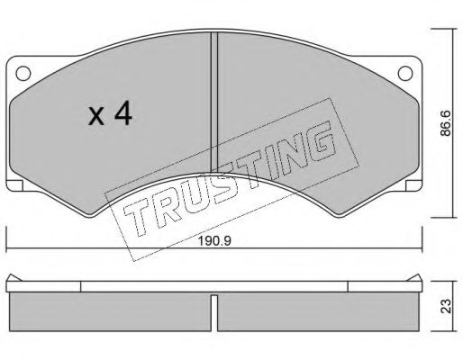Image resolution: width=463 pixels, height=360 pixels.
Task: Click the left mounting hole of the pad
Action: pyautogui.click(x=23, y=74)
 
